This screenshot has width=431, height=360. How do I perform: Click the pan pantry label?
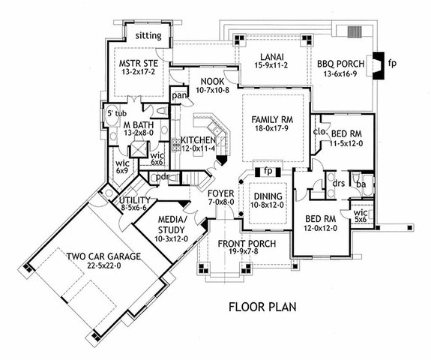click(x=179, y=97)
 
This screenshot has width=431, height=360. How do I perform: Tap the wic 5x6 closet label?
click(x=361, y=217)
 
